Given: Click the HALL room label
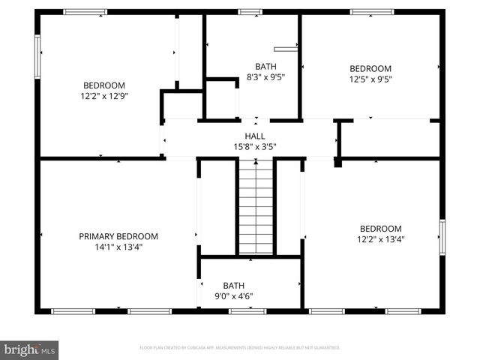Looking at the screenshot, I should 255,136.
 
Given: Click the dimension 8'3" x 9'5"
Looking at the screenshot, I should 265,76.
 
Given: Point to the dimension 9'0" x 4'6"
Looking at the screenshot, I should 233,295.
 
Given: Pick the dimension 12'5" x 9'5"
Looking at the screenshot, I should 370,79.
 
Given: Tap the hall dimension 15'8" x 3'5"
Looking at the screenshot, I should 255,146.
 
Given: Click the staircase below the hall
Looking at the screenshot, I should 256,209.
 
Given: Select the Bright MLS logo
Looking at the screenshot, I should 30,349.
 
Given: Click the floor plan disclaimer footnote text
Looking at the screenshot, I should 239,348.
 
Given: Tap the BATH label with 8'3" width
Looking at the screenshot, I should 265,66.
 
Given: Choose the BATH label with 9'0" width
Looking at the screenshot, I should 233,285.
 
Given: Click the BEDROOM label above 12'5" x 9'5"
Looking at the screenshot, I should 370,68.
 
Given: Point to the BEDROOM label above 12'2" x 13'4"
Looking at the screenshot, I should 380,229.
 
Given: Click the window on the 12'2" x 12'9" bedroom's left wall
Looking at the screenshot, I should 37,56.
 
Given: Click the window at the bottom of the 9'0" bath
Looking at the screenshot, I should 247,310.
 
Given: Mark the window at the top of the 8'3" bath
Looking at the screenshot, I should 250,12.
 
